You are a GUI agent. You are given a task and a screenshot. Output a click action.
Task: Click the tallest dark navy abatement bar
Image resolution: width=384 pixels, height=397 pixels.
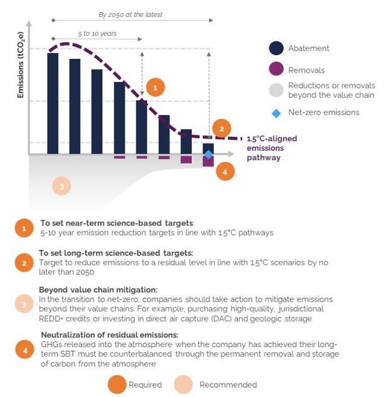coord(52,103)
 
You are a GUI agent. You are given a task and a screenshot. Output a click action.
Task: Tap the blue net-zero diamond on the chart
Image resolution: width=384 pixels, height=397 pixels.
coord(208,154)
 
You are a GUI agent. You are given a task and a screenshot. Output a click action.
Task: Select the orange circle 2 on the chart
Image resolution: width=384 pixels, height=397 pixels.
coord(221,128)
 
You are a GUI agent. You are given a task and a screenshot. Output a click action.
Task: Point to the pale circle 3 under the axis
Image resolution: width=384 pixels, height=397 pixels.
coord(61,186)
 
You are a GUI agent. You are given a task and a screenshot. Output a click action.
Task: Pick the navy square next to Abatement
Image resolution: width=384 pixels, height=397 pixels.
coord(276,48)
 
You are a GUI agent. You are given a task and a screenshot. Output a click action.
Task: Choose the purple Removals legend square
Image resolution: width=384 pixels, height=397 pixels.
coord(276,70)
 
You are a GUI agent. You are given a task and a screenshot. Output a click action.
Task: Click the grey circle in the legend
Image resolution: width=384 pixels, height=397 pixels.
coord(276,90)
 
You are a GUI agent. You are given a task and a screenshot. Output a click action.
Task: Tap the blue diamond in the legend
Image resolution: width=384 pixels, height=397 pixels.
coord(276,113)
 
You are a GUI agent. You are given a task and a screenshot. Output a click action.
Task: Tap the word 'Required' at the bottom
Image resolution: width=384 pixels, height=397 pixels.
coord(146,384)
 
